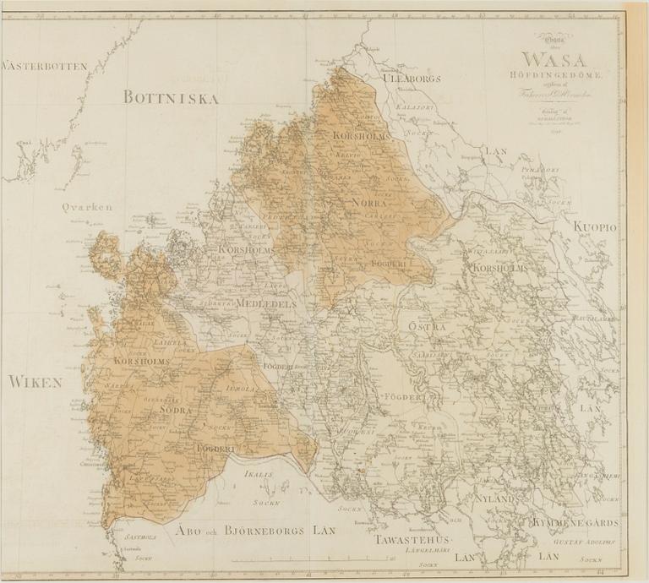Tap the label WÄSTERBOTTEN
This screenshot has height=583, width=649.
pyautogui.click(x=44, y=66)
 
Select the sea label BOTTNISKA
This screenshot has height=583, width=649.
pyautogui.click(x=171, y=98)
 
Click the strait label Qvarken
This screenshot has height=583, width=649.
pyautogui.click(x=86, y=205)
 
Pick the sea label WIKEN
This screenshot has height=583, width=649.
pyautogui.click(x=35, y=383)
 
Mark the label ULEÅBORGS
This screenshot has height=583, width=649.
pyautogui.click(x=413, y=79)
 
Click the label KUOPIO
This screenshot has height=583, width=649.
pyautogui.click(x=597, y=227)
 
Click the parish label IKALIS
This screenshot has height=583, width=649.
pyautogui.click(x=259, y=476)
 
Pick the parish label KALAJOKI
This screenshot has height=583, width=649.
pyautogui.click(x=414, y=108)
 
